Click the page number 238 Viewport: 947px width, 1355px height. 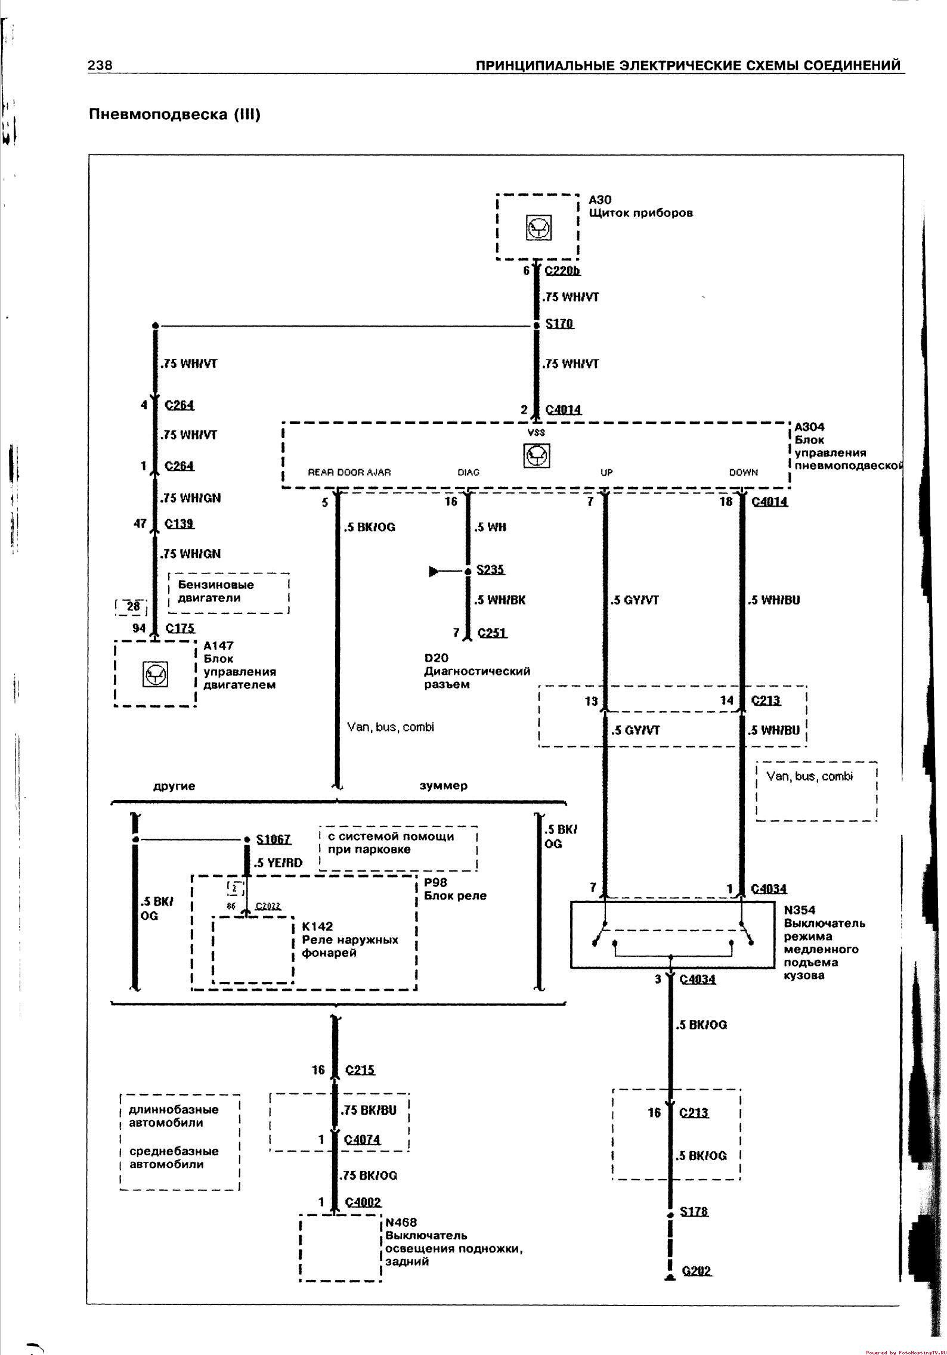click(100, 65)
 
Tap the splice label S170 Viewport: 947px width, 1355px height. click(559, 324)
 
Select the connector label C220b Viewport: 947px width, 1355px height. click(562, 271)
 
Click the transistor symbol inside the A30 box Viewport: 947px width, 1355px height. click(539, 227)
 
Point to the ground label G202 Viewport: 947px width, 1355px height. click(697, 1270)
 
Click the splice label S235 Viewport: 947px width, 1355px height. click(490, 569)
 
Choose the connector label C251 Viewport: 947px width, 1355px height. click(492, 632)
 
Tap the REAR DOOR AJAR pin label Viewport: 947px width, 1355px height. click(349, 472)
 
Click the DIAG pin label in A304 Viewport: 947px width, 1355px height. click(468, 472)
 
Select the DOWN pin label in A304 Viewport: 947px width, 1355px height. click(743, 472)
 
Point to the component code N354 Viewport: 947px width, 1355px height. click(799, 910)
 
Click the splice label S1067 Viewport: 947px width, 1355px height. click(273, 839)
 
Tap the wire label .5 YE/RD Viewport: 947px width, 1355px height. click(278, 862)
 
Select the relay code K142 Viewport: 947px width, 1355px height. click(317, 926)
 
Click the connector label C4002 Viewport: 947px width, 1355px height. click(363, 1202)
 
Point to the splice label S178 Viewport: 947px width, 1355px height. click(694, 1211)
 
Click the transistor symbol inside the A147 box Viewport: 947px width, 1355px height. click(156, 674)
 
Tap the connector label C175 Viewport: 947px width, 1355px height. click(180, 628)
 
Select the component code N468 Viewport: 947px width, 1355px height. click(401, 1222)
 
